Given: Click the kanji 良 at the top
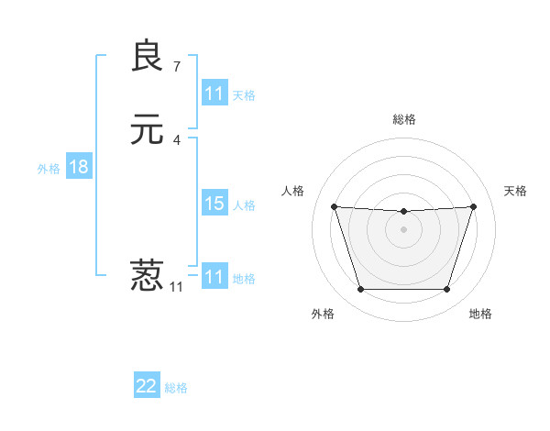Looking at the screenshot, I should tap(147, 56).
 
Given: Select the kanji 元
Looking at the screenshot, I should tap(147, 129).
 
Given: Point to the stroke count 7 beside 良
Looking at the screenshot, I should tap(177, 66).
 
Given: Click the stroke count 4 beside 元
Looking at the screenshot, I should tap(177, 139).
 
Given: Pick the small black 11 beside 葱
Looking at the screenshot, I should tap(177, 286).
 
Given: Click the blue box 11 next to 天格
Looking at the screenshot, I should tap(214, 94).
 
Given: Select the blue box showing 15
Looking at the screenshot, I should tap(214, 204).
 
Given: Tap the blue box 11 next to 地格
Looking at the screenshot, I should tap(214, 277).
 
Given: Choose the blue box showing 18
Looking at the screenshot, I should tap(79, 167).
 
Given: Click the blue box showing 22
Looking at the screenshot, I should tap(147, 386).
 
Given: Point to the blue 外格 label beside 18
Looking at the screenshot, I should tap(49, 168).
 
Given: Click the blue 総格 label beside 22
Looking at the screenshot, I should tap(177, 388).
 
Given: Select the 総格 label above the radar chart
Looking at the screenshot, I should tap(404, 119).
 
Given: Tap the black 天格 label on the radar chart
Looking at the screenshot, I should tap(516, 191).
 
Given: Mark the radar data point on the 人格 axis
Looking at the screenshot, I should tap(334, 206).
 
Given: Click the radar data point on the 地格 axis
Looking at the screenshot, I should tap(447, 290).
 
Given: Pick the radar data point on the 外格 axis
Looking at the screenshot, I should tap(360, 290).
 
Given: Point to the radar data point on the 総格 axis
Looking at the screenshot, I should tap(403, 212).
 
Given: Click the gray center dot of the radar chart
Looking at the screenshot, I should tap(403, 229).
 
